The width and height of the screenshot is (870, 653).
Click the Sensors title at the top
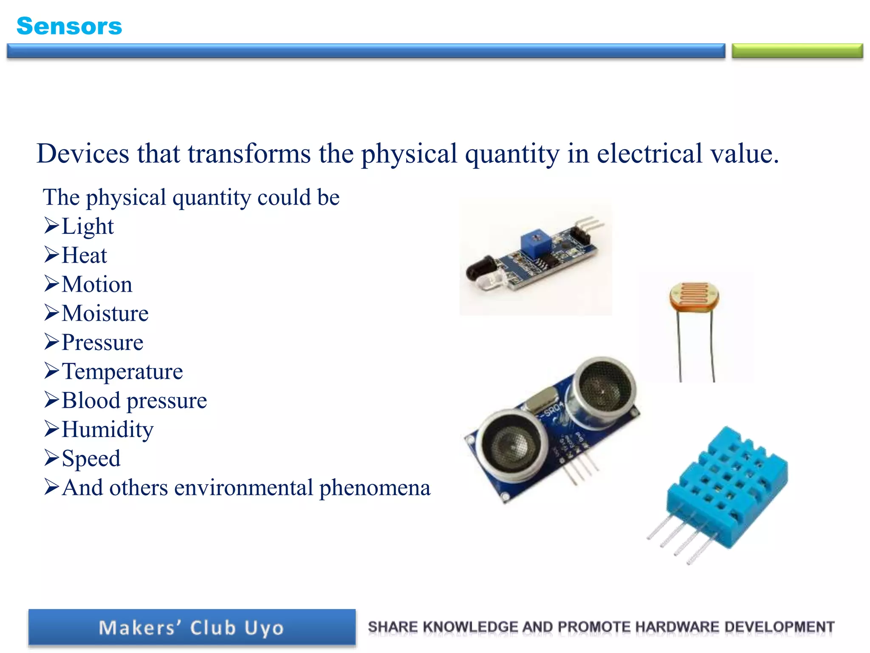coord(69,26)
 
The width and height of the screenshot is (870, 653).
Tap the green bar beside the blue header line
coord(797,51)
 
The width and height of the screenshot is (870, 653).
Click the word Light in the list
coord(88,226)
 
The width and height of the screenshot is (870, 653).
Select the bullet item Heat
coord(84,256)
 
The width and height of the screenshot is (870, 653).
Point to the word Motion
coord(97,284)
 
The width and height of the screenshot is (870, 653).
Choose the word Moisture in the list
coord(105,314)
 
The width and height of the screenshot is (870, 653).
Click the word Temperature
coord(122,372)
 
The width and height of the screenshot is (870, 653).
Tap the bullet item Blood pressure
coord(134,400)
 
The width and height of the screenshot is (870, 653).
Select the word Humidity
coord(107,429)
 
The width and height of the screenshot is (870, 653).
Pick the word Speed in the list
coord(91,458)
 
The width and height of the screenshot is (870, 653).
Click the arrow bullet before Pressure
coord(51,342)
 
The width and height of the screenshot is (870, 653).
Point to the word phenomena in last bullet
coord(375,488)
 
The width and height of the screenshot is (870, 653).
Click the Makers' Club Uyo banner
coord(192,628)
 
